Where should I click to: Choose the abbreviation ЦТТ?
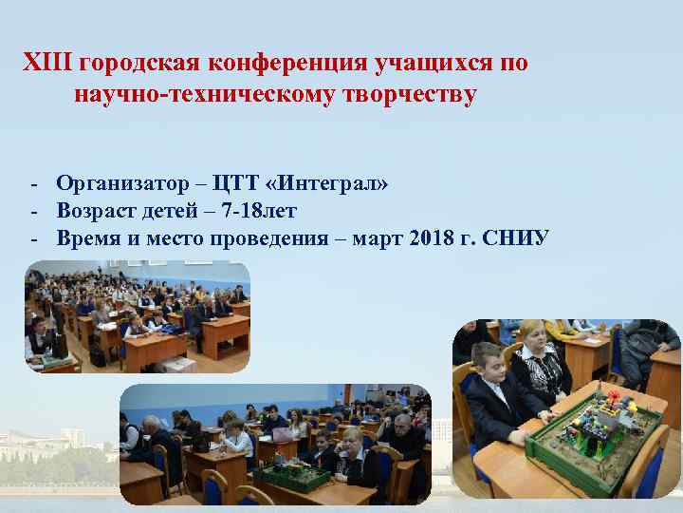tap(236, 182)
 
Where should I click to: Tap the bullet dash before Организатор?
tap(33, 182)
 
